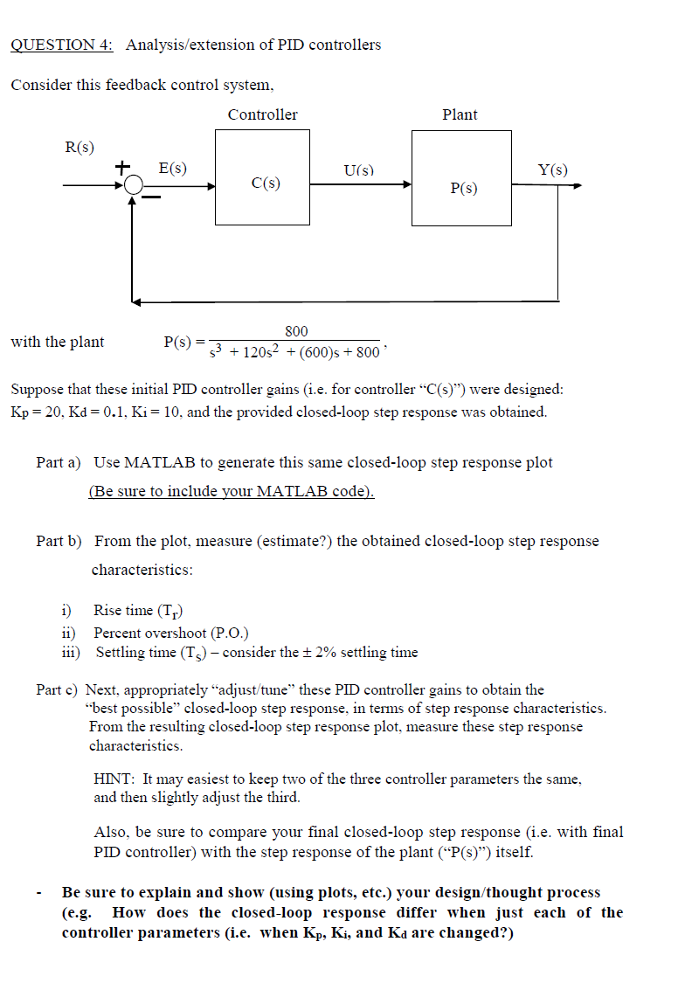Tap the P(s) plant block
(x=463, y=179)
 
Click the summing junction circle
(x=133, y=185)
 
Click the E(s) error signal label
(x=171, y=169)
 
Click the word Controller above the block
(x=262, y=114)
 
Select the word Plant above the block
(x=460, y=114)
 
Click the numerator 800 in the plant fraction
(x=296, y=330)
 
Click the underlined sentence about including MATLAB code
(x=232, y=491)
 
